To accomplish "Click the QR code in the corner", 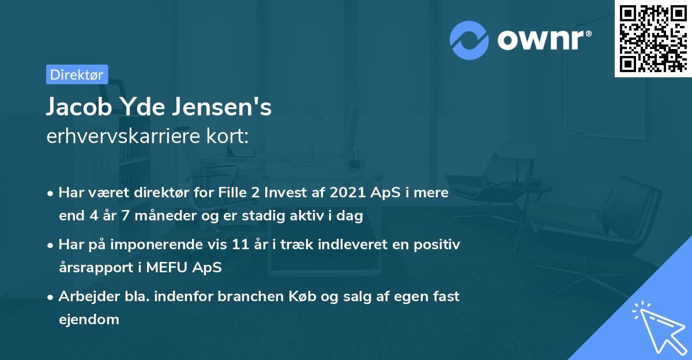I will tap(653, 39).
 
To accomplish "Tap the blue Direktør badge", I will tap(77, 74).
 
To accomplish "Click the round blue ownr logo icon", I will tap(469, 40).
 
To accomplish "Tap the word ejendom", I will tap(89, 319).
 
